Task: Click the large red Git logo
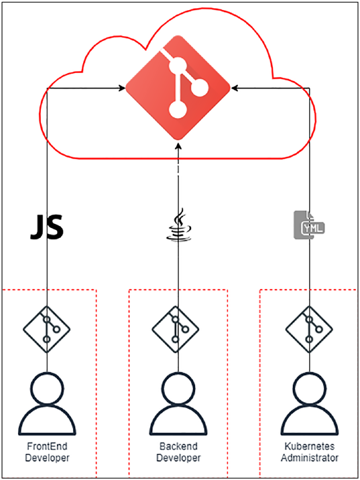point(178,88)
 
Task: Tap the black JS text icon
point(47,227)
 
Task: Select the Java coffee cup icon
point(178,225)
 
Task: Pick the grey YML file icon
point(309,225)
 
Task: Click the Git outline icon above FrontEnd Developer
point(46,329)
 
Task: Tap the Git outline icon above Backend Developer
point(176,329)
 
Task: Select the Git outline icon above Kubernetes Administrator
point(309,329)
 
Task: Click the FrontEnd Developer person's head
point(48,388)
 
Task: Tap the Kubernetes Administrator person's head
point(310,388)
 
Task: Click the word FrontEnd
point(47,446)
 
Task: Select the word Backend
point(178,446)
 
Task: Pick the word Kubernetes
point(310,446)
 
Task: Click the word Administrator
point(310,458)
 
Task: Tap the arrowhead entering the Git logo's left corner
point(122,88)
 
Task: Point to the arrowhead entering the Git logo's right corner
point(235,88)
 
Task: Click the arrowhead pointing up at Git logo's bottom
point(178,145)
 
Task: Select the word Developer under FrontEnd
point(47,458)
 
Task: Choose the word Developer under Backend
point(178,458)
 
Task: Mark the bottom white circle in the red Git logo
point(178,109)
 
